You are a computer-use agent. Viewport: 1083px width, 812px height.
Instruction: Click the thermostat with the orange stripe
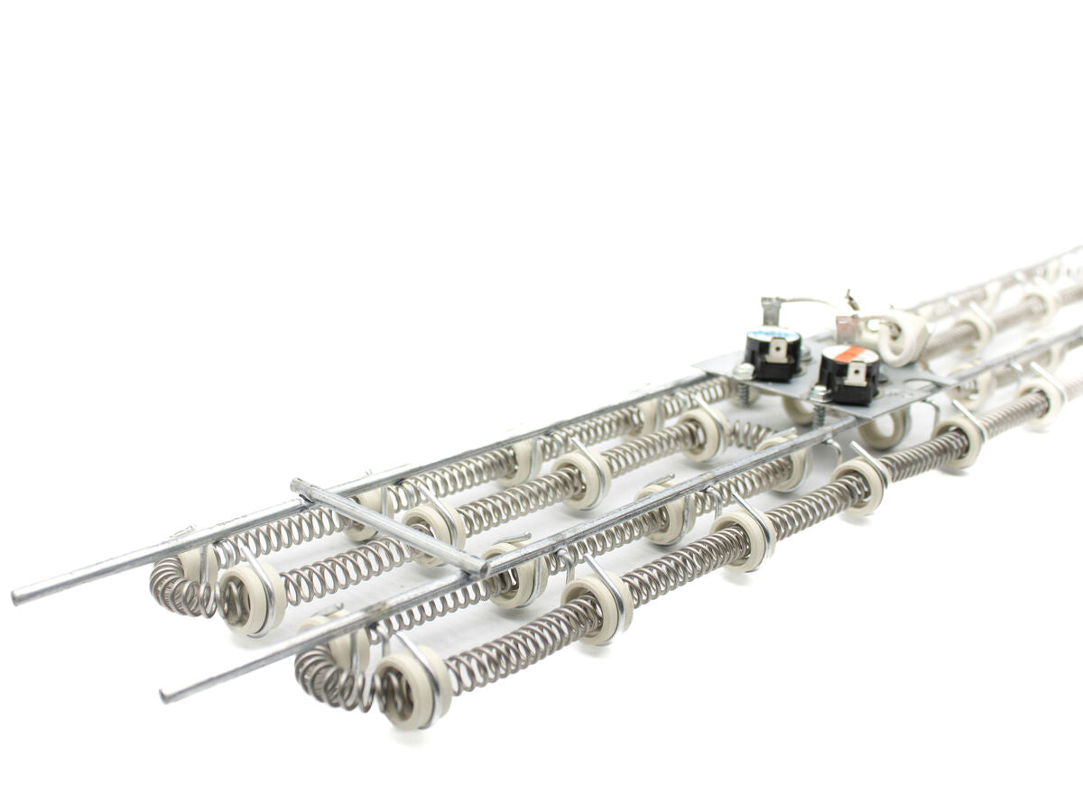[x=849, y=374]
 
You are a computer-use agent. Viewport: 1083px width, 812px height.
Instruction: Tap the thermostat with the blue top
[x=773, y=353]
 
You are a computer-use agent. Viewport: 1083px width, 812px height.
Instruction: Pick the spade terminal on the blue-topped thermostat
[x=774, y=346]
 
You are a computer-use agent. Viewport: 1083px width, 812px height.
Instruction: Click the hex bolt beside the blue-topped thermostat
[x=743, y=371]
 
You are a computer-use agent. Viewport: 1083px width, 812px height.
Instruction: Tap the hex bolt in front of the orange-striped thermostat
[x=819, y=394]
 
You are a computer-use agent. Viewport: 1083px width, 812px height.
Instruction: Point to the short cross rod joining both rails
[x=388, y=526]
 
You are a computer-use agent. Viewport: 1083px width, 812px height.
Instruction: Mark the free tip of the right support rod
[x=165, y=696]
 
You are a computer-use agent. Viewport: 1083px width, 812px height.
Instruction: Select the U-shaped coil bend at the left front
[x=176, y=586]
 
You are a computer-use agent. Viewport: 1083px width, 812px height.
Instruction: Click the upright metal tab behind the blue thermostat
[x=770, y=309]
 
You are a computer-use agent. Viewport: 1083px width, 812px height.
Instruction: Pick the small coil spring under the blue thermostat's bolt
[x=745, y=392]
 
